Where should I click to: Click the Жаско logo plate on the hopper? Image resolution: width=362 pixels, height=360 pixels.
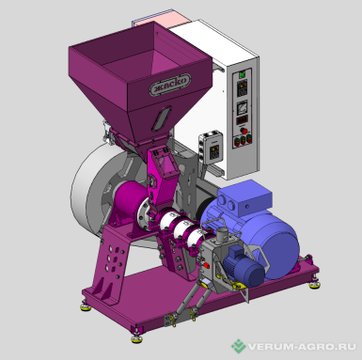(x=170, y=85)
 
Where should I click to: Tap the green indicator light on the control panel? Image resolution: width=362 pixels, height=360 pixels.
(x=242, y=75)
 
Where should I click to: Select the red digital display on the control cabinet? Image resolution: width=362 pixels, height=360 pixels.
(x=242, y=120)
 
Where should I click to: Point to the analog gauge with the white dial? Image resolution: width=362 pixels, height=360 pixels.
(x=242, y=108)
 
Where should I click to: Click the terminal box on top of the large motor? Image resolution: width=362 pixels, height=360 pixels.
(x=244, y=198)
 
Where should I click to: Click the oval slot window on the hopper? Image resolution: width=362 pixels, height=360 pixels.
(x=162, y=118)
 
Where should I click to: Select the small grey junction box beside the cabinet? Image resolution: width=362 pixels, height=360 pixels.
(x=212, y=149)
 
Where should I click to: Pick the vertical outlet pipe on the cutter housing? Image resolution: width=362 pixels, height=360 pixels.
(x=222, y=234)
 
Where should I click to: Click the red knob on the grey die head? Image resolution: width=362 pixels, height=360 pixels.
(x=207, y=265)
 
